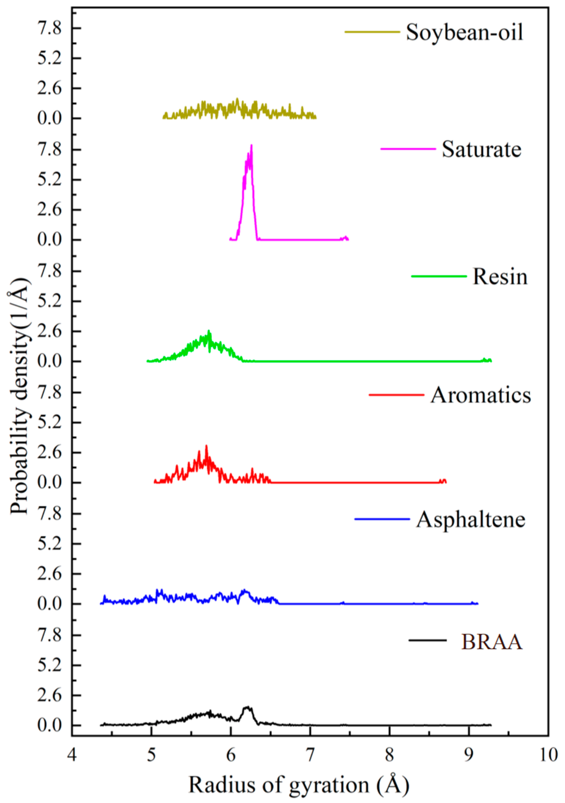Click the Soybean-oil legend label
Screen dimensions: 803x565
464,33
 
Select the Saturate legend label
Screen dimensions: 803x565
481,149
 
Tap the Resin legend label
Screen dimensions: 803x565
500,277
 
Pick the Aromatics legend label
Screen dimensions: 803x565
481,396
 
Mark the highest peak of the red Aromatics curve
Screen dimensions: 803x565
206,446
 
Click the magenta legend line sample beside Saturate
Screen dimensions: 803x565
408,149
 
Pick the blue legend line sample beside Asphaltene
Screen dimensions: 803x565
382,519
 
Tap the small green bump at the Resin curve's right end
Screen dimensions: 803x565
484,359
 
